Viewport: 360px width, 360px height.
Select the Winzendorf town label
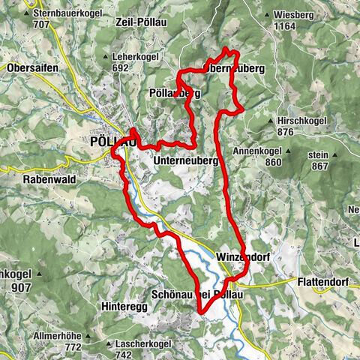(241, 257)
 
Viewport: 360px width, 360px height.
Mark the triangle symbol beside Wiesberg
(268, 13)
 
